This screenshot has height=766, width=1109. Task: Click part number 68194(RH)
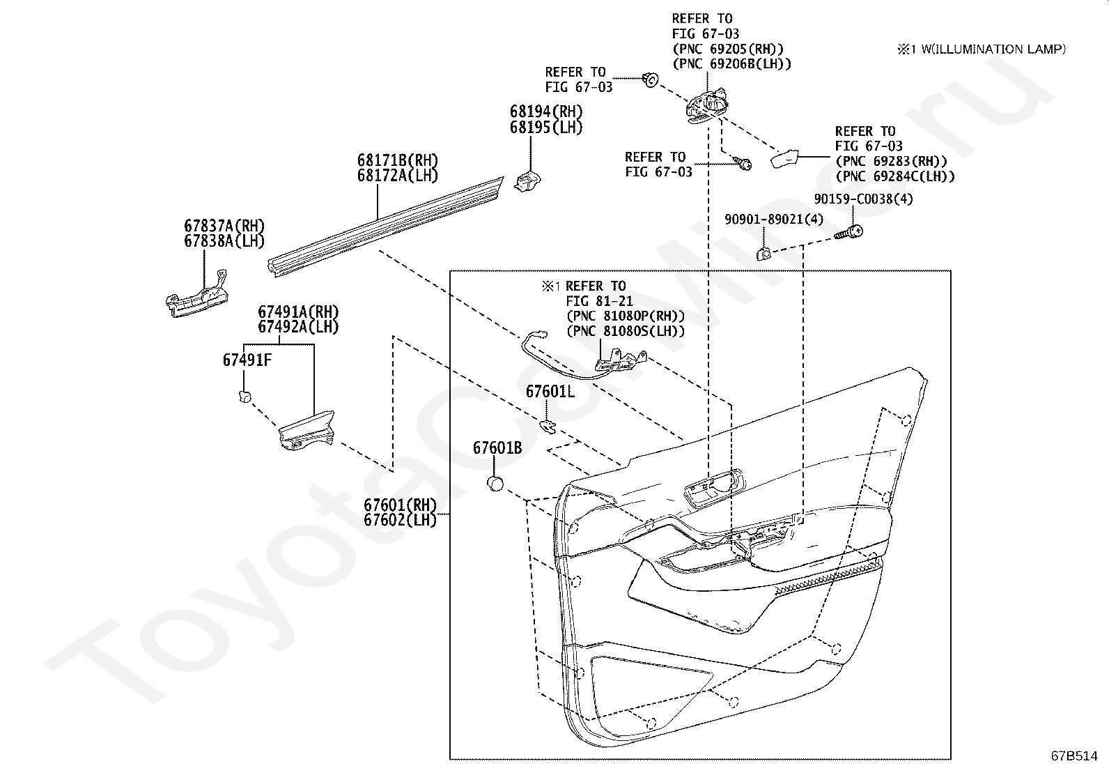(546, 112)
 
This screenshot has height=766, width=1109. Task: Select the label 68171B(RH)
(398, 160)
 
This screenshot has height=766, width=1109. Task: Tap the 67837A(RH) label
(224, 226)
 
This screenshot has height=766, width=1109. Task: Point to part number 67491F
(247, 360)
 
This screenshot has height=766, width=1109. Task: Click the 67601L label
(550, 392)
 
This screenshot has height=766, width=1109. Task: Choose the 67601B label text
(497, 447)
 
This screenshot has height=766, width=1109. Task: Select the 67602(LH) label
(400, 520)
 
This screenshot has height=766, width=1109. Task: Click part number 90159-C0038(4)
(863, 199)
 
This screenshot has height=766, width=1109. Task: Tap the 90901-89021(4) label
(773, 220)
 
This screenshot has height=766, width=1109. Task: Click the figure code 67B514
(1075, 756)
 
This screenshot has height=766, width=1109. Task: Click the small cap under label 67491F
(244, 397)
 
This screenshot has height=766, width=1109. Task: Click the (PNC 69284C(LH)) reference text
(895, 177)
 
